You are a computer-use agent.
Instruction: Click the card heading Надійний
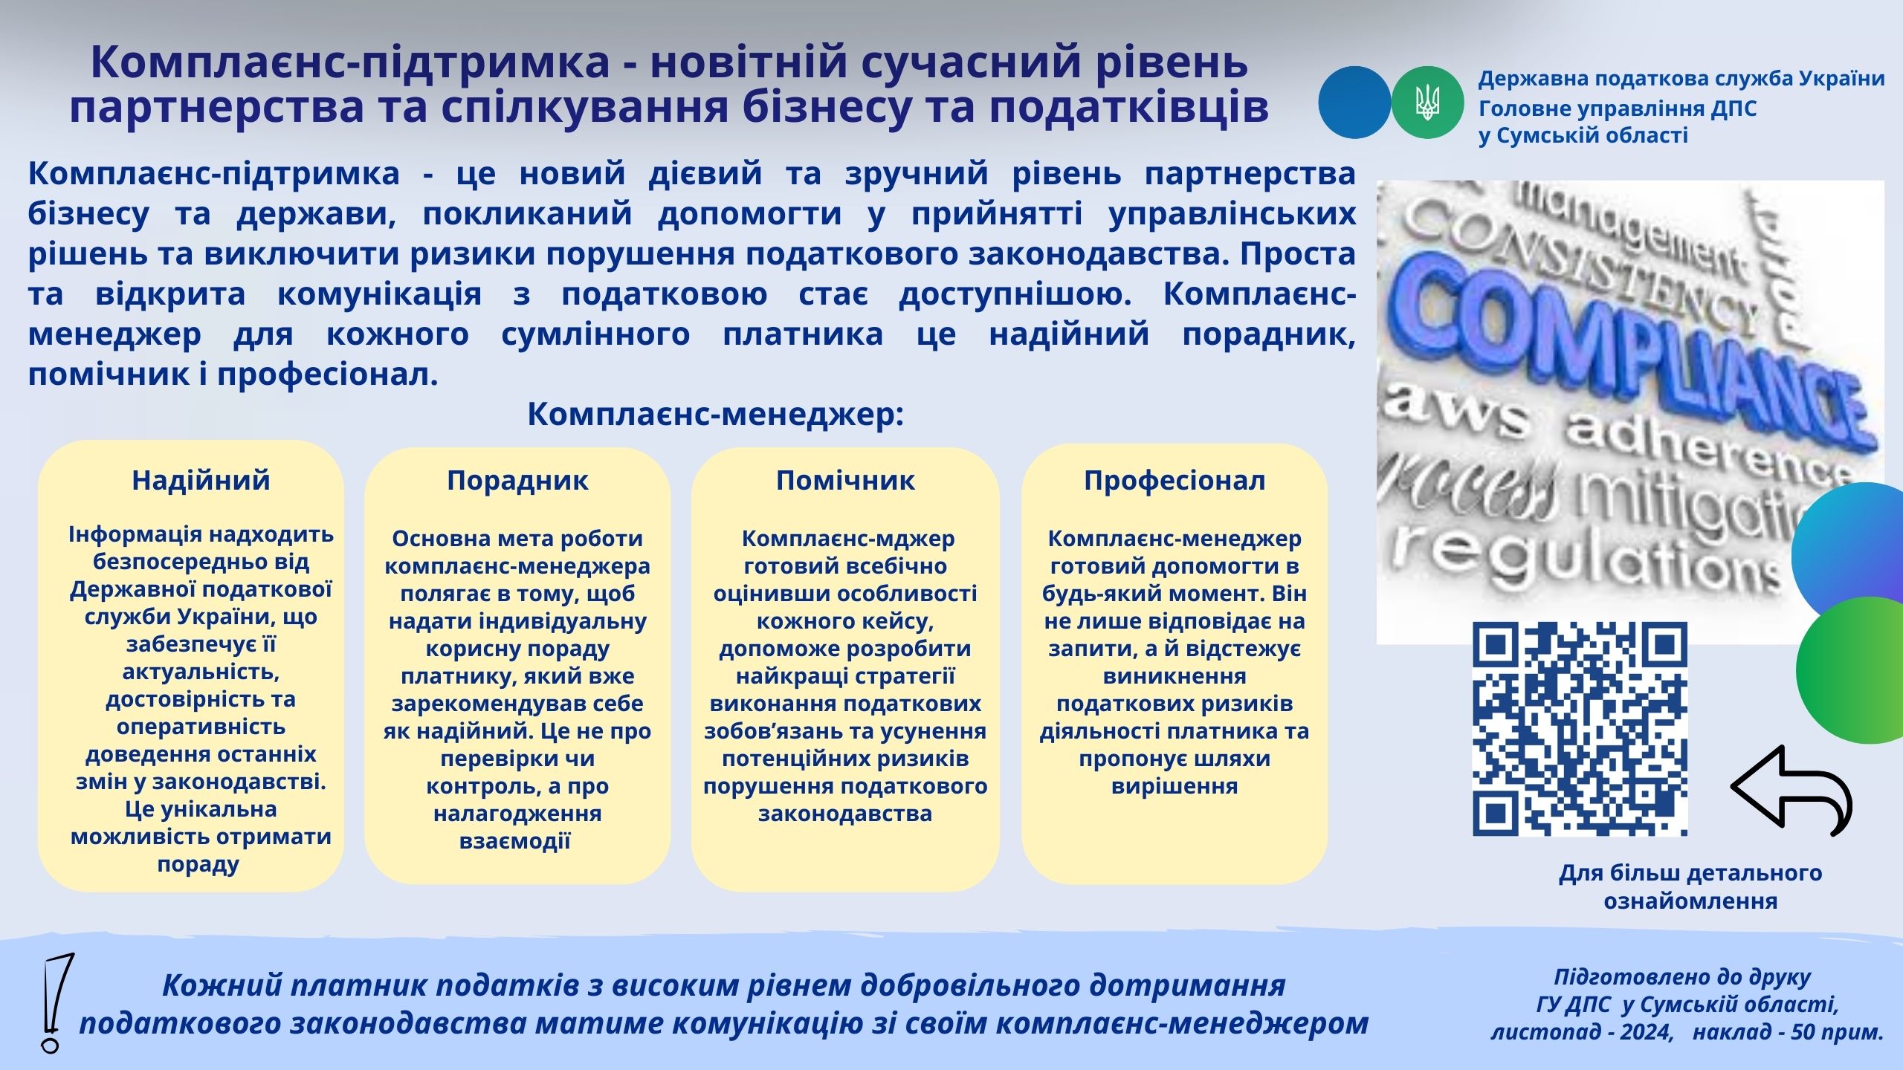(x=201, y=481)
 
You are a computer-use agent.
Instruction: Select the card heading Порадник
(x=517, y=481)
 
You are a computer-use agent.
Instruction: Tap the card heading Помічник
(x=845, y=481)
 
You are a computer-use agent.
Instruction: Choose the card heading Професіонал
(x=1175, y=481)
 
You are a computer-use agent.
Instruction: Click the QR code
(x=1580, y=729)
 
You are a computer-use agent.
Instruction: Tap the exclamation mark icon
(x=56, y=1003)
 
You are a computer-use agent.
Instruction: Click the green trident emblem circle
(x=1427, y=103)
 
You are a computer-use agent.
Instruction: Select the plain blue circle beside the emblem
(x=1354, y=103)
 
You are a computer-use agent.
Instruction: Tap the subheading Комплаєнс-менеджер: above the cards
(x=715, y=414)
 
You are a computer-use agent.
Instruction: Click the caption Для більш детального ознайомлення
(x=1690, y=886)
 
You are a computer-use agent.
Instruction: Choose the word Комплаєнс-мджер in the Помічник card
(x=848, y=539)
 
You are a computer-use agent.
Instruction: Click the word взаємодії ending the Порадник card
(x=515, y=841)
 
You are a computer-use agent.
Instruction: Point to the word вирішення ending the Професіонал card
(x=1175, y=786)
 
